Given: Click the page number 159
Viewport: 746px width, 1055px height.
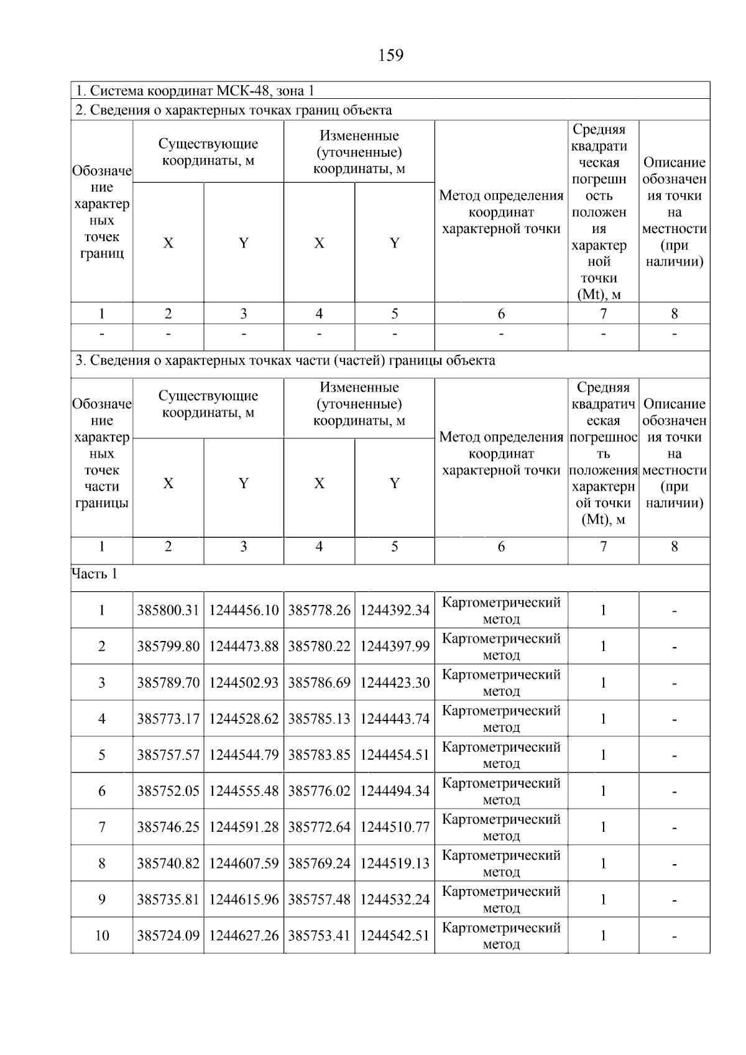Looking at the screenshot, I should pyautogui.click(x=390, y=56).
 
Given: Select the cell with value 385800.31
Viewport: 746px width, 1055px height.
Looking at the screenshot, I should pyautogui.click(x=168, y=610).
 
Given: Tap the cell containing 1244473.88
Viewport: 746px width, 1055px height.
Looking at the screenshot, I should pyautogui.click(x=244, y=647).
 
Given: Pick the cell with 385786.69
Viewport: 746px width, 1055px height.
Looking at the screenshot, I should pyautogui.click(x=319, y=683).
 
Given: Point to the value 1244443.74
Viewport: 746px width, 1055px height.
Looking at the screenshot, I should pyautogui.click(x=395, y=719).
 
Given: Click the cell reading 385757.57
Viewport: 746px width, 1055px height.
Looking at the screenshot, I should pyautogui.click(x=168, y=755).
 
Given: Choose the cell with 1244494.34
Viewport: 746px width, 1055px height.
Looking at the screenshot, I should pyautogui.click(x=395, y=791).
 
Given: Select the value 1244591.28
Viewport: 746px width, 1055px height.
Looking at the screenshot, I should pyautogui.click(x=244, y=827).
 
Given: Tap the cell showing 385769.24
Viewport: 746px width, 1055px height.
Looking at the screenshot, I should pyautogui.click(x=319, y=863).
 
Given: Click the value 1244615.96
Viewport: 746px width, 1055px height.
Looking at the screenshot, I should pyautogui.click(x=244, y=899).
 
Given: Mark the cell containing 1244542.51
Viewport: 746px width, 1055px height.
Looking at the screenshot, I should pyautogui.click(x=395, y=936).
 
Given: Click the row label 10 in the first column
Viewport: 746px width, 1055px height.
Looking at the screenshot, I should pyautogui.click(x=102, y=936).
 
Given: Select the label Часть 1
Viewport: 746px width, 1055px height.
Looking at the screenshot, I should pyautogui.click(x=94, y=574).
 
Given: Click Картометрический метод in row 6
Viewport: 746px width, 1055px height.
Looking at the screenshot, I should pyautogui.click(x=501, y=791).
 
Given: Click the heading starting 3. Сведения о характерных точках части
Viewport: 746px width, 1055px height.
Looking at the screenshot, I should pyautogui.click(x=285, y=361).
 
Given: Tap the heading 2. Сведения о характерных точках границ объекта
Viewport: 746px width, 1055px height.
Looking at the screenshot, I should pyautogui.click(x=234, y=110).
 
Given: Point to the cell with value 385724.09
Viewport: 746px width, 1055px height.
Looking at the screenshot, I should pyautogui.click(x=168, y=936).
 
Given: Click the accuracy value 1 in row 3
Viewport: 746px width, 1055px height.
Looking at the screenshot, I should pyautogui.click(x=602, y=683).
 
